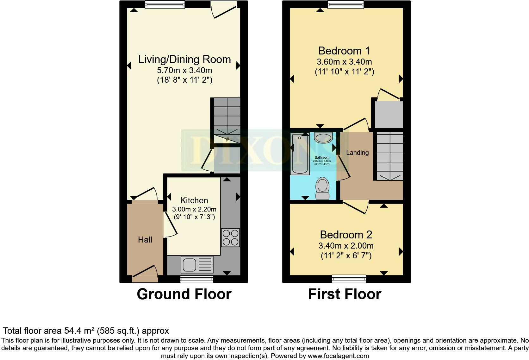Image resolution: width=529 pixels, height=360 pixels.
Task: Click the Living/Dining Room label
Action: tap(184, 59)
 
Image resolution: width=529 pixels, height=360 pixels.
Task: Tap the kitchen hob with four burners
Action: tap(230, 238)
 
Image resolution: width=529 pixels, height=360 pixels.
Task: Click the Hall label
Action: tap(145, 240)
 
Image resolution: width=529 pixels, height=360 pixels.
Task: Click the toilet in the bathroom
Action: tap(322, 188)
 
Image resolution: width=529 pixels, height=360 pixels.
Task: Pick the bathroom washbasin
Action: tap(323, 138)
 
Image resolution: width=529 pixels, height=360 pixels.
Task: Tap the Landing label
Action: tap(357, 153)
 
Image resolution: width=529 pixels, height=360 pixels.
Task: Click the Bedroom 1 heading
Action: tap(344, 51)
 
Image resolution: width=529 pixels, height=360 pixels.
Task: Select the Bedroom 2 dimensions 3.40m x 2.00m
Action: tap(346, 246)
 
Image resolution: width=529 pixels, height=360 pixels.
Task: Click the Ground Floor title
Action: tap(184, 294)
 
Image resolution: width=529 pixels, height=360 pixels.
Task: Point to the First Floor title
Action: tap(345, 294)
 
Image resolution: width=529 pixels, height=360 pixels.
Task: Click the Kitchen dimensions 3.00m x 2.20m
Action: tap(194, 209)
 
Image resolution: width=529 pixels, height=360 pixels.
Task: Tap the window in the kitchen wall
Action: tap(196, 279)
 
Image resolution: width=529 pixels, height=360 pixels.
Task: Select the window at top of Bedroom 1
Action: tap(345, 4)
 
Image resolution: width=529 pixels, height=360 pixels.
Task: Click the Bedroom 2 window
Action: tap(349, 279)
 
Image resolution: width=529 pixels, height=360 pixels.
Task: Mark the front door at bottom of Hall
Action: tap(145, 274)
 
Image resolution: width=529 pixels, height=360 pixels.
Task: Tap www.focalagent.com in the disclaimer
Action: tap(338, 356)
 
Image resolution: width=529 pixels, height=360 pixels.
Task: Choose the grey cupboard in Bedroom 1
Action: tap(389, 114)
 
